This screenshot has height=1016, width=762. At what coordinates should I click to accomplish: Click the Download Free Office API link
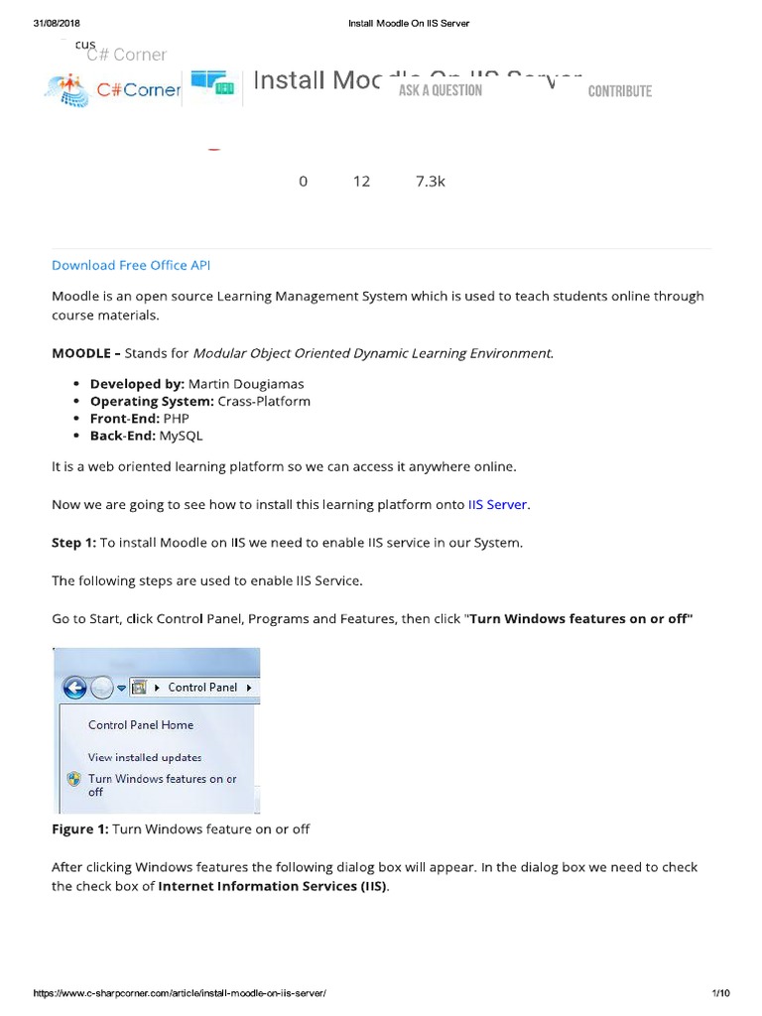(131, 265)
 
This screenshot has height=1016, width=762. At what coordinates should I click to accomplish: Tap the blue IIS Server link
(497, 505)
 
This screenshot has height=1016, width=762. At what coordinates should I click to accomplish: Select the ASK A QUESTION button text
(440, 91)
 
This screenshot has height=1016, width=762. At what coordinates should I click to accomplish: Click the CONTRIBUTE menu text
(619, 91)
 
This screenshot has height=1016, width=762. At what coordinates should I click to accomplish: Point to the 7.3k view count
(431, 181)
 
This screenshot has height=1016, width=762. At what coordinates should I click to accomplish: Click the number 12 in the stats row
(361, 181)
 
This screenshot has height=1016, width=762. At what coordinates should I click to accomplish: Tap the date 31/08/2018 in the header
(57, 23)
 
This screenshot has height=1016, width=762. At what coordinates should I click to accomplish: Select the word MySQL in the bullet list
(174, 435)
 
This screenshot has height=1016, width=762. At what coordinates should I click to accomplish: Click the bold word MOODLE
(80, 353)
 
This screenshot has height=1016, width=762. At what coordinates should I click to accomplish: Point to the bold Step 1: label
(73, 543)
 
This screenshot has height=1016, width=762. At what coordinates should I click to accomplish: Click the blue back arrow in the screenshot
(75, 687)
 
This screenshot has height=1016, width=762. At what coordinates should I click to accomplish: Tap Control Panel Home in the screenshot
(141, 725)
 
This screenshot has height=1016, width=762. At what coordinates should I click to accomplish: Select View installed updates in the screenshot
(145, 757)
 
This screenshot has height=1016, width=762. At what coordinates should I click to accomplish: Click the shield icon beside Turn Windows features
(74, 780)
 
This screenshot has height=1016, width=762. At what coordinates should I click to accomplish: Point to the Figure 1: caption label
(79, 828)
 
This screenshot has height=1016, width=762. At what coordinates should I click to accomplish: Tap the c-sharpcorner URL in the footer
(180, 993)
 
